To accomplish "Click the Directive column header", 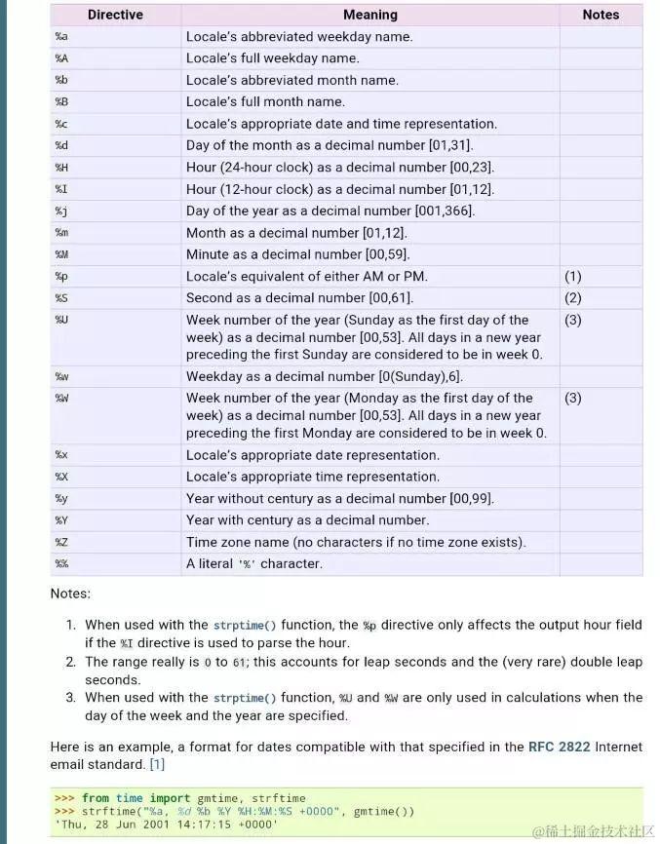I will [115, 15].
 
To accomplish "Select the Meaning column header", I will [370, 15].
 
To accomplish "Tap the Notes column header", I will [601, 15].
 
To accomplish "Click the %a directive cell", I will [60, 37].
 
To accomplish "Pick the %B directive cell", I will [60, 102].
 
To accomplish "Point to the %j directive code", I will [60, 211].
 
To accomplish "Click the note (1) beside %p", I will [573, 277].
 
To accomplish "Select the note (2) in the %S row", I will [573, 298].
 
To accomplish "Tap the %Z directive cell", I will [60, 543].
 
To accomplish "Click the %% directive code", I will [60, 564].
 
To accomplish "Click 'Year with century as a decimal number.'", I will [307, 520].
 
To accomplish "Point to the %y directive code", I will [60, 499].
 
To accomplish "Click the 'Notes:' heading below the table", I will [70, 594].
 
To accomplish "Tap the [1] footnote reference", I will [157, 764].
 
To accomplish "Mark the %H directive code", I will [60, 168].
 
